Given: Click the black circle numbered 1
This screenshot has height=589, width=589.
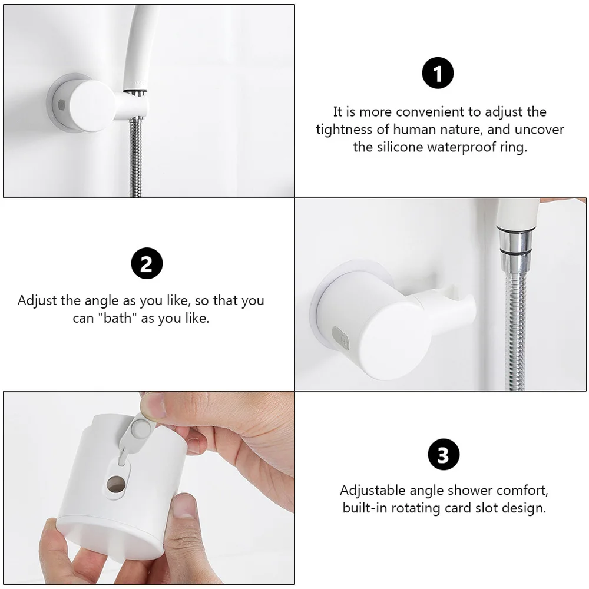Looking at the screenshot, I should (x=438, y=74).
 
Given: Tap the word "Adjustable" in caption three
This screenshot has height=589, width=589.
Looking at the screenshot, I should (x=373, y=490).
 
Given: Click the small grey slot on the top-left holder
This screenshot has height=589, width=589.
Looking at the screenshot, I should (x=61, y=104).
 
